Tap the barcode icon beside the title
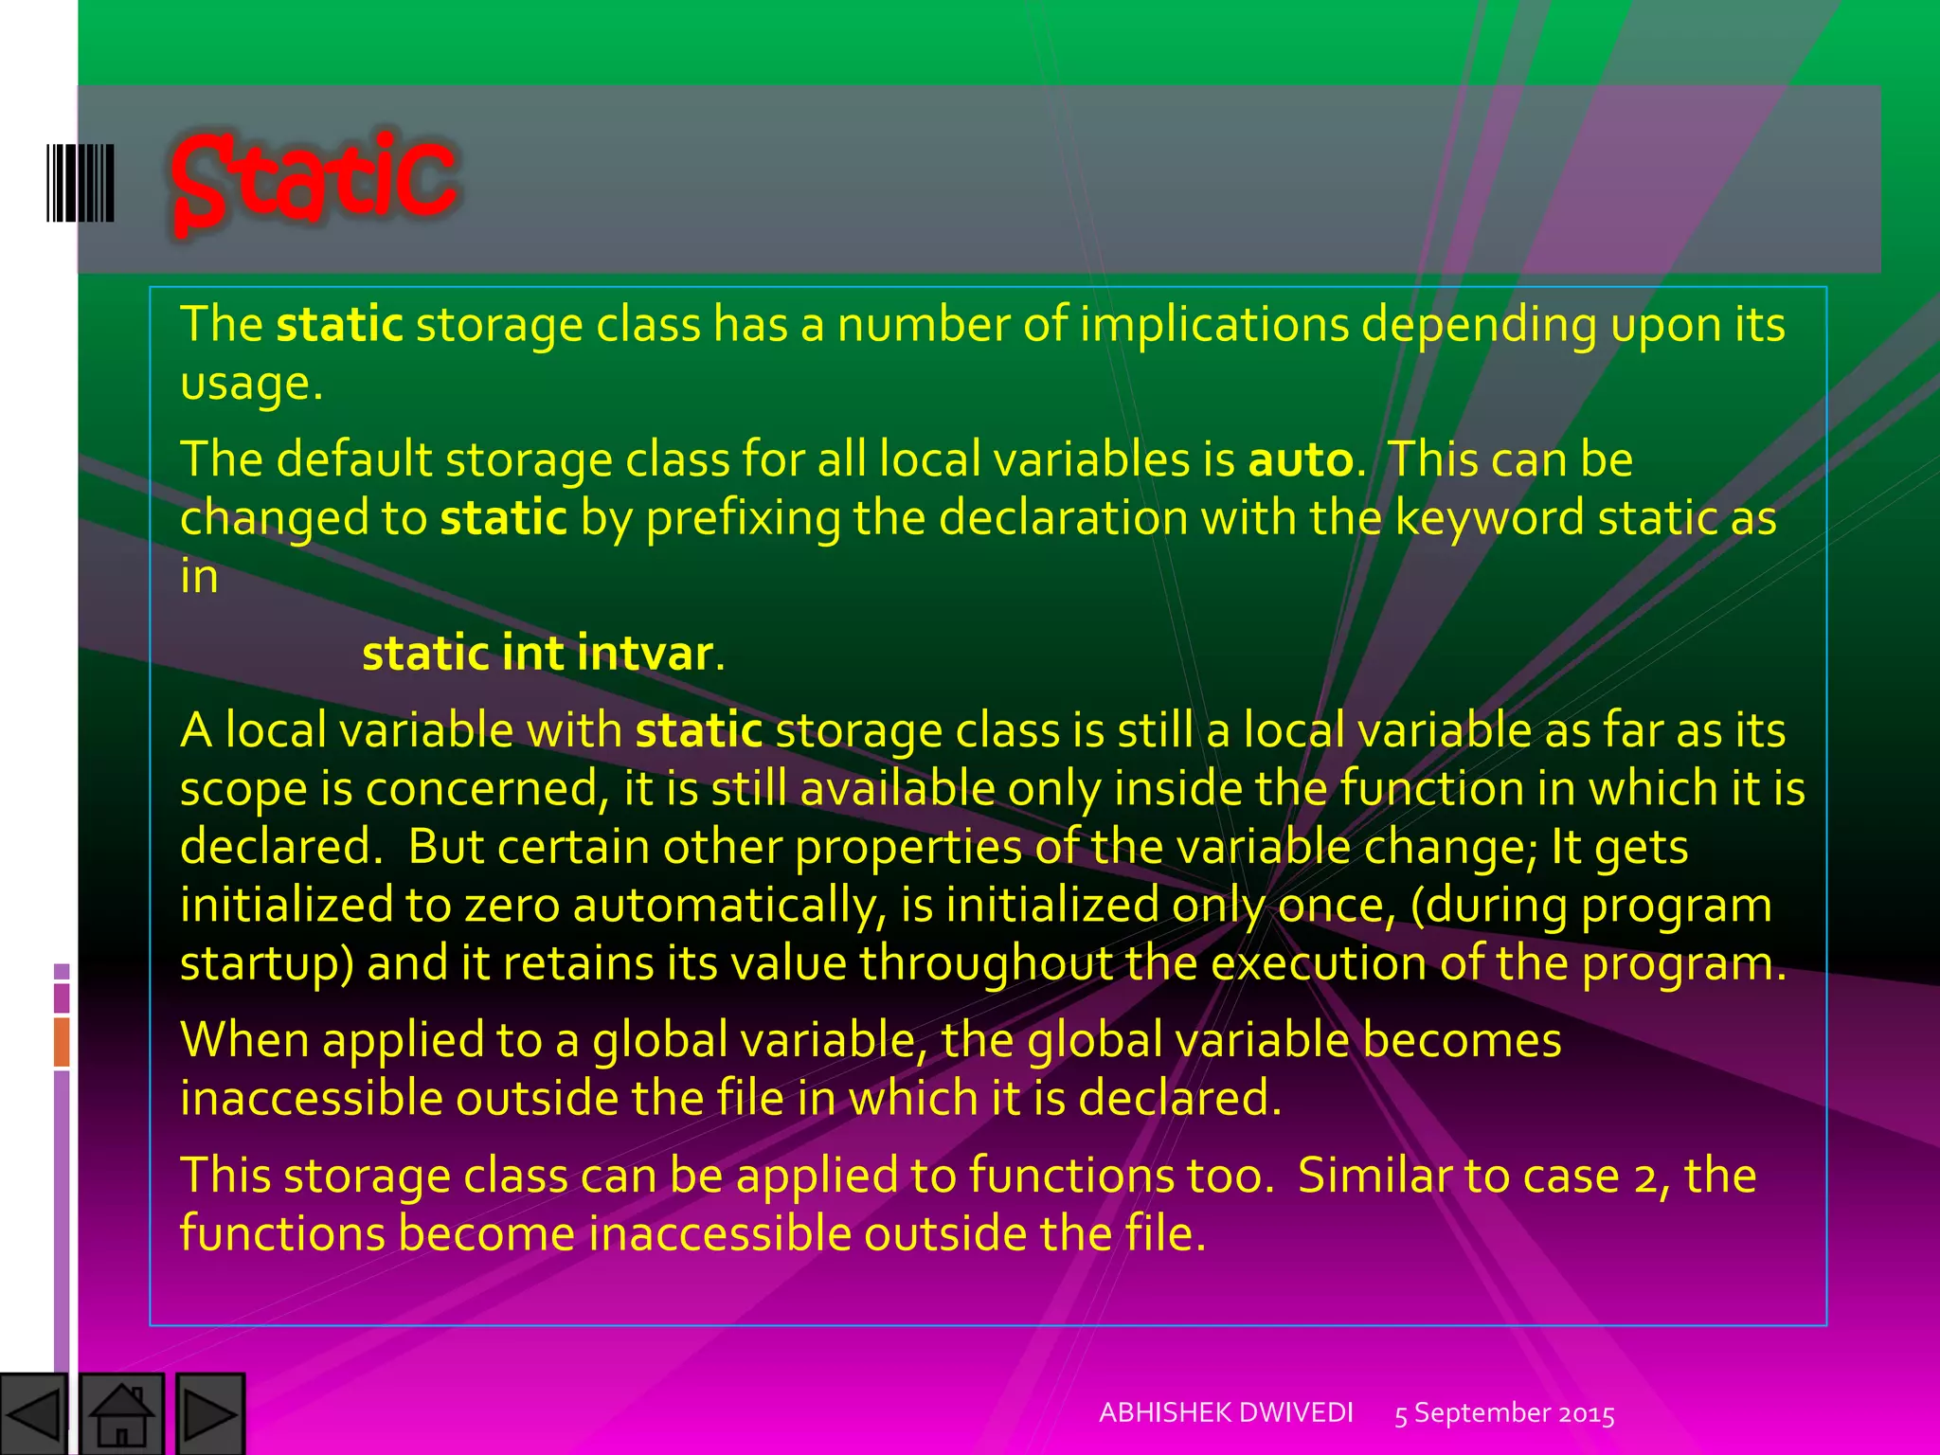(x=81, y=183)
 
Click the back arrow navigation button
(x=33, y=1414)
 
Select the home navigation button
(x=121, y=1414)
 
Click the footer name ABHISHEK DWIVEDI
(x=1226, y=1412)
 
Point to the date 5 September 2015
(x=1504, y=1413)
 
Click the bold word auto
(x=1301, y=460)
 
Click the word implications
(x=1213, y=325)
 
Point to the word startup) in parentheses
(x=267, y=964)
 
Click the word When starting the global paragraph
(x=244, y=1040)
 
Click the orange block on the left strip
(x=62, y=1041)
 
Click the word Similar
(x=1374, y=1177)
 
